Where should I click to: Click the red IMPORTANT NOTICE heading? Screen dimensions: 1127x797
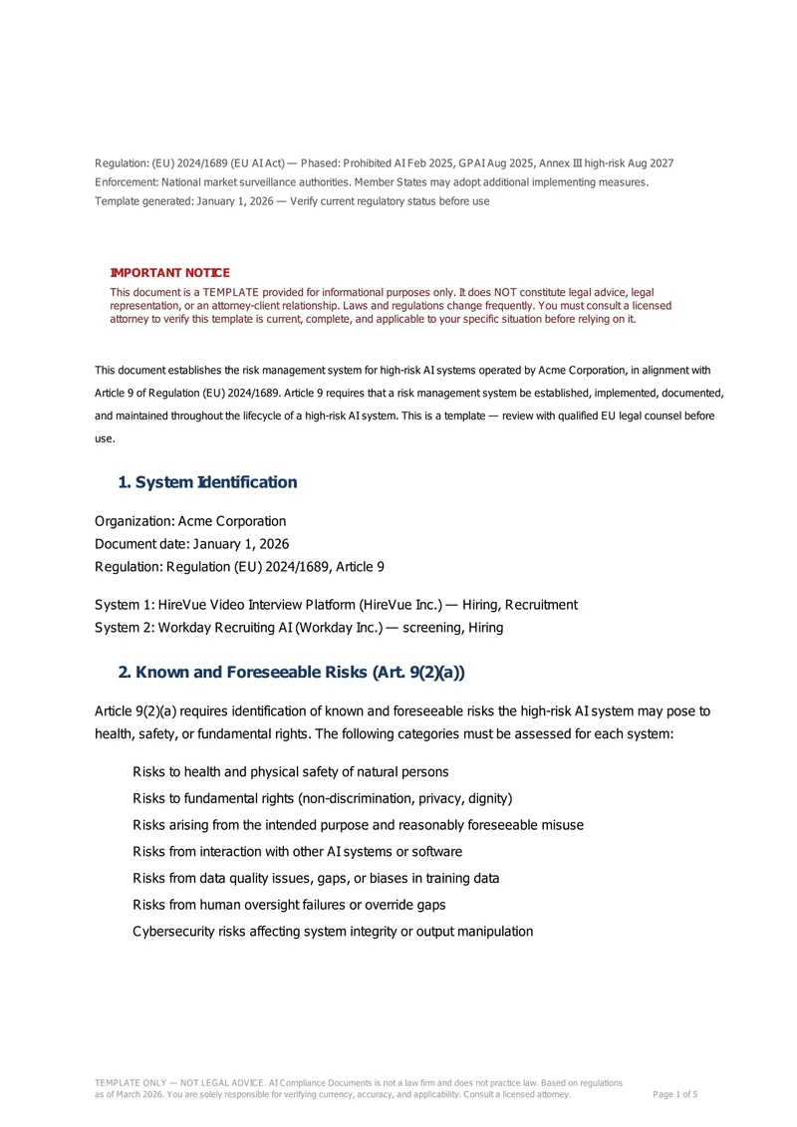point(169,273)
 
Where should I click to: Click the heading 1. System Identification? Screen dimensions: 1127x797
point(207,482)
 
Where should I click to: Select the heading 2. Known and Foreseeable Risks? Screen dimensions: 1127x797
point(291,673)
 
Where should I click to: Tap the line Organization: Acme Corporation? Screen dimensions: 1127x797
point(190,521)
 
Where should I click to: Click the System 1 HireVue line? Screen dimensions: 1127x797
point(336,605)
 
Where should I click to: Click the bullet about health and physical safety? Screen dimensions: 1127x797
point(290,772)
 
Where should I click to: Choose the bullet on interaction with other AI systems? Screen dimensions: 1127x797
point(297,852)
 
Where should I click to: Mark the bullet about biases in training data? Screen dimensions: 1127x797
point(316,879)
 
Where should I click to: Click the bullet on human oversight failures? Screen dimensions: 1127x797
point(289,905)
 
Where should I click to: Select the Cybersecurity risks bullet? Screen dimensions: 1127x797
point(333,932)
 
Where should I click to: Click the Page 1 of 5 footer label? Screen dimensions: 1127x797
point(674,1094)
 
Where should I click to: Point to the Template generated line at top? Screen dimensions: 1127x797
point(292,201)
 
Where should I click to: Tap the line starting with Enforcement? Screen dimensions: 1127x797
point(371,182)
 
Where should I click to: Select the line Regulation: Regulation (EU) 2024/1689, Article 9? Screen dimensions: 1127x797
point(239,566)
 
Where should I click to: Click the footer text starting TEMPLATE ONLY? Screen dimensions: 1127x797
point(359,1082)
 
